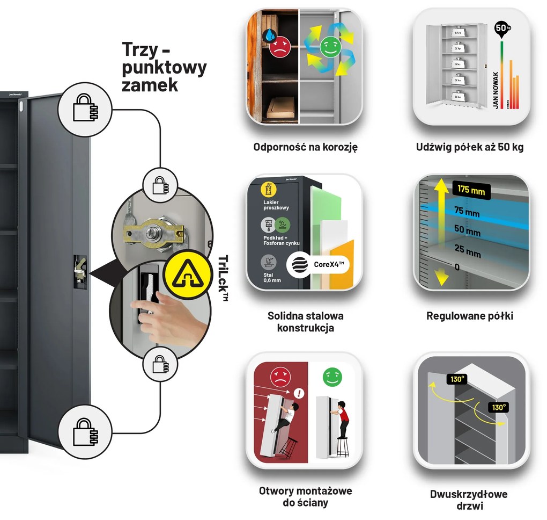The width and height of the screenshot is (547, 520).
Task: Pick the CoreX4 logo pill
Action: coord(316,265)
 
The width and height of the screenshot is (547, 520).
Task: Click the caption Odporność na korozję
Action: coord(305,147)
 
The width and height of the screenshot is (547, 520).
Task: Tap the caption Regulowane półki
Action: coord(470,316)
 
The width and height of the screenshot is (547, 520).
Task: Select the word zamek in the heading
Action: coord(150,84)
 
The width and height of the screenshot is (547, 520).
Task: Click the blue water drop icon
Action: coord(269,36)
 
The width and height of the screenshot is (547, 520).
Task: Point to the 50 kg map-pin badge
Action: coord(501,28)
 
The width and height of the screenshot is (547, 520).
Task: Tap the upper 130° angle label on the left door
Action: coord(457,380)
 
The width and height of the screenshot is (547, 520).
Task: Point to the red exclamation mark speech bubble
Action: coord(299,394)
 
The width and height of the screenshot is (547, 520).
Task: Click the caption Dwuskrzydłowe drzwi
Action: coord(468,500)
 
